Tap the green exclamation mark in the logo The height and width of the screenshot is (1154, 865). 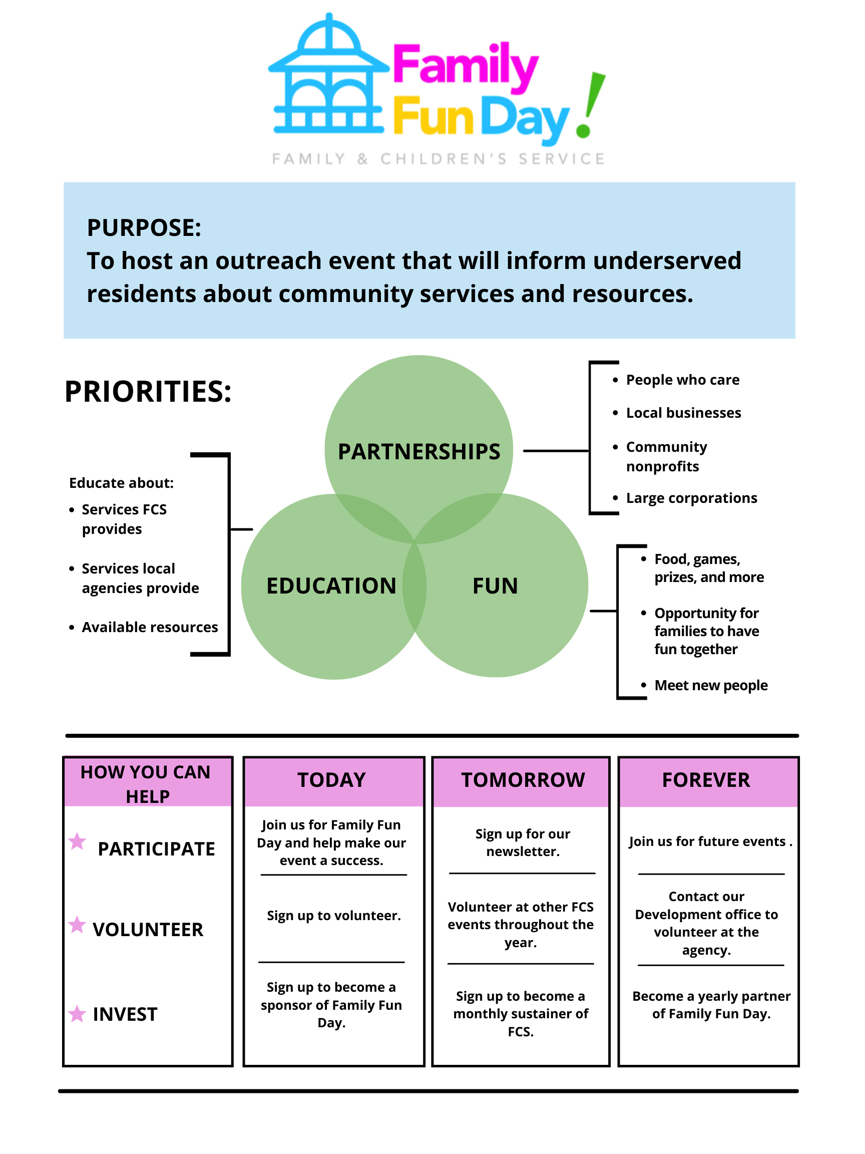[591, 104]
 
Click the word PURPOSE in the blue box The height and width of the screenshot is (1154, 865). [144, 228]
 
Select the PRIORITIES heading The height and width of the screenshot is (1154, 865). [148, 391]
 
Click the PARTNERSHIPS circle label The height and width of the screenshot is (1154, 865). [418, 452]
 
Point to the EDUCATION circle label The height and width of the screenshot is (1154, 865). [331, 586]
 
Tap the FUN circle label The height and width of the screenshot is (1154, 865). [495, 586]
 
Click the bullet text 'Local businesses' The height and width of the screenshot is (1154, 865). [683, 413]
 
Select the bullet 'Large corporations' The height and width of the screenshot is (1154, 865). [691, 498]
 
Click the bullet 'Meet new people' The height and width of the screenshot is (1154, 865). [711, 686]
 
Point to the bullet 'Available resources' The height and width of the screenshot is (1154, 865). [150, 627]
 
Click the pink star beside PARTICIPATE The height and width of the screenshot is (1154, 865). [77, 841]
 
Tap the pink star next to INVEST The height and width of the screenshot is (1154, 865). [77, 1014]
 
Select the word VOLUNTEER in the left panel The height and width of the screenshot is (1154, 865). [148, 930]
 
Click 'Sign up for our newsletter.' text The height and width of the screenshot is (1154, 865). [523, 842]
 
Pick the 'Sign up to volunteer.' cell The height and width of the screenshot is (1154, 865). [334, 916]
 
